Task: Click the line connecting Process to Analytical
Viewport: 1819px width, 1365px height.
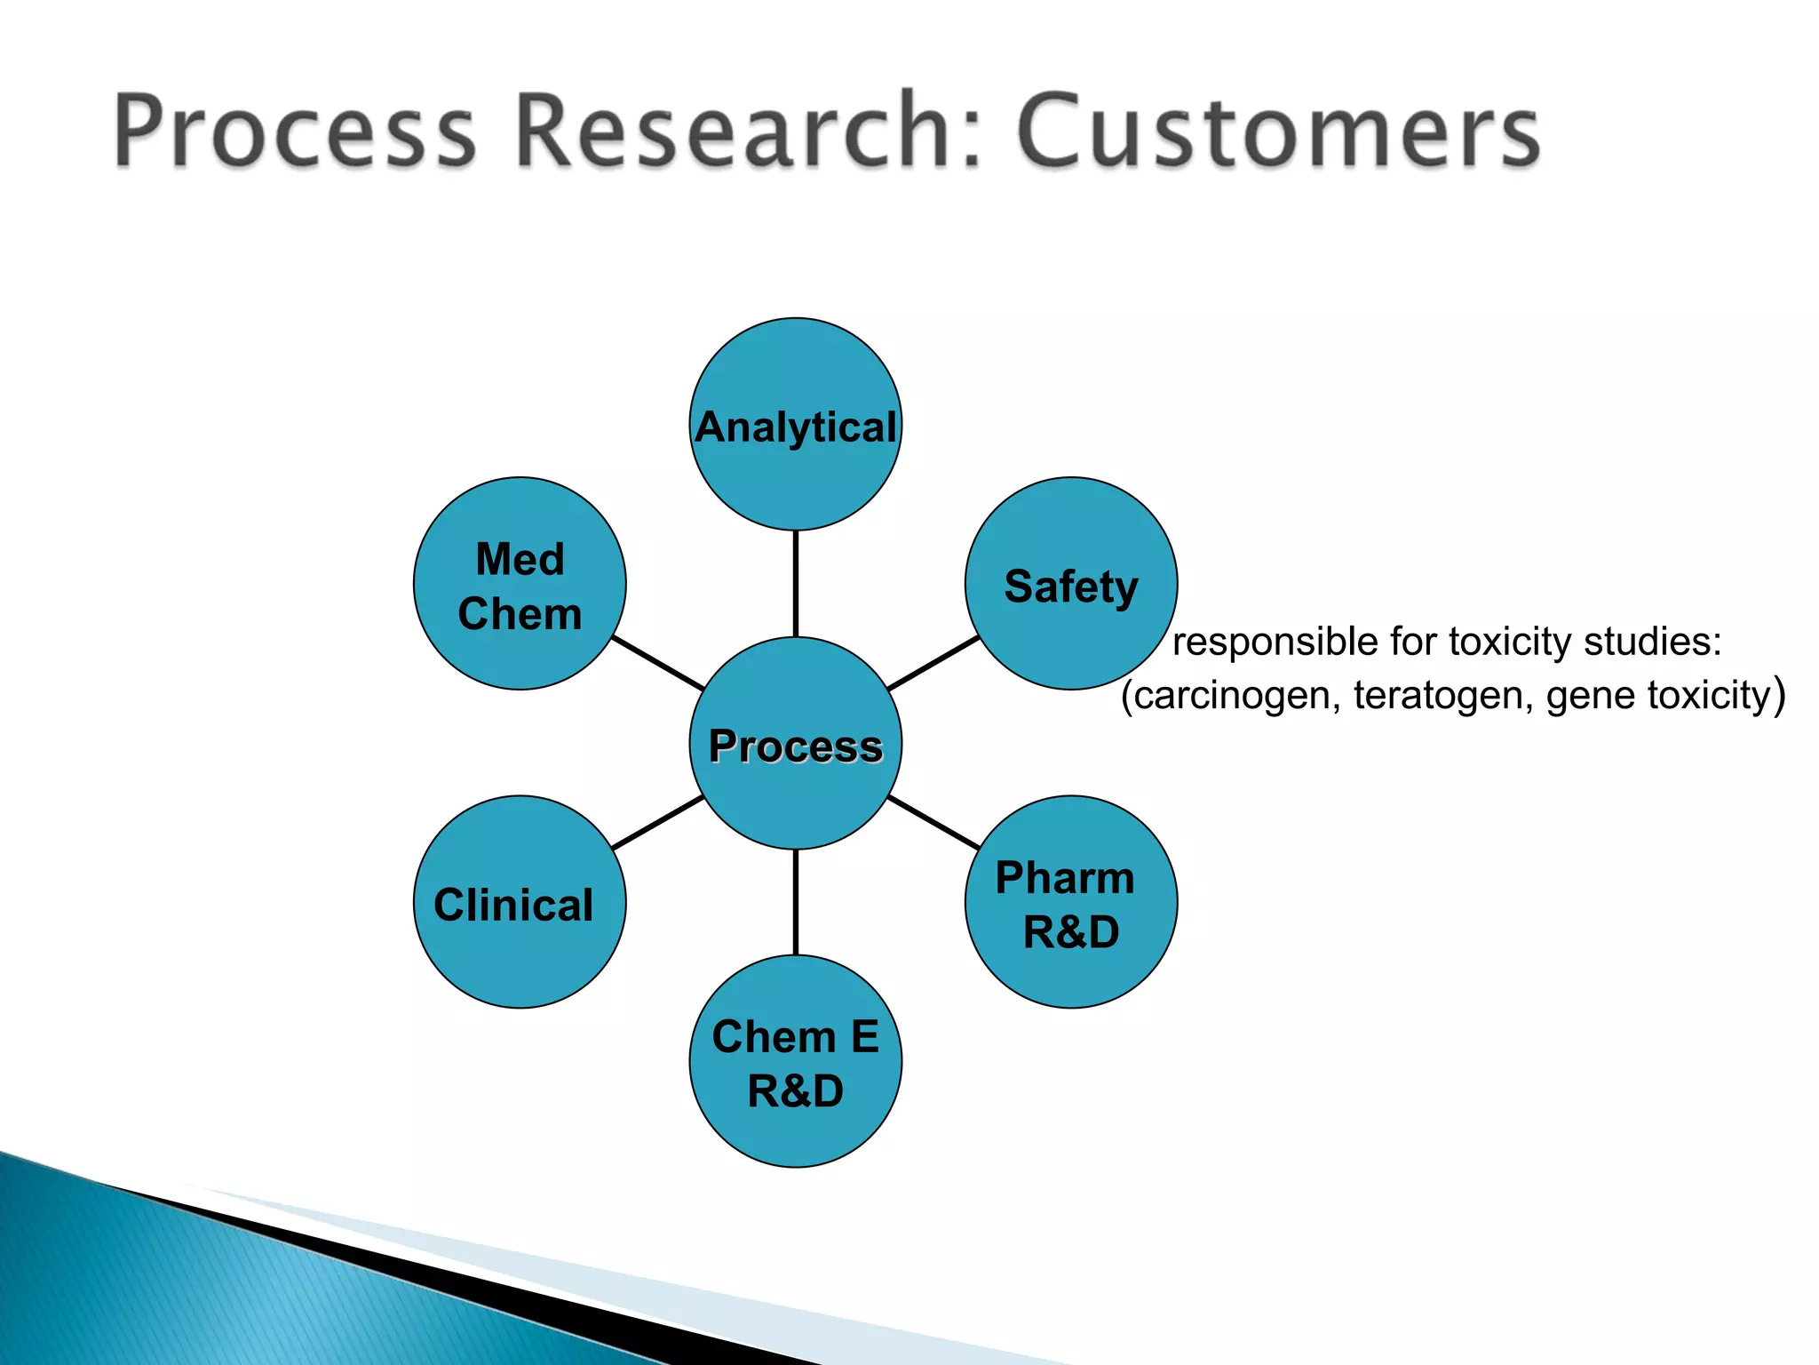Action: click(x=795, y=584)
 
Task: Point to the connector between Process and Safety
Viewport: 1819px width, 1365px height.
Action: click(x=933, y=663)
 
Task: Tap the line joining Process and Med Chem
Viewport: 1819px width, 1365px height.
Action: click(x=658, y=663)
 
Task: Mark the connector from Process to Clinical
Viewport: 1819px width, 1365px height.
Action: click(x=658, y=823)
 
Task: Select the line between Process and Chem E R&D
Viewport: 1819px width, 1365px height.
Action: click(x=795, y=902)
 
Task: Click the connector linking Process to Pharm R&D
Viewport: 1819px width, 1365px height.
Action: click(x=933, y=823)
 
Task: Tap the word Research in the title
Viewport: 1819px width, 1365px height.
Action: click(x=746, y=132)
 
